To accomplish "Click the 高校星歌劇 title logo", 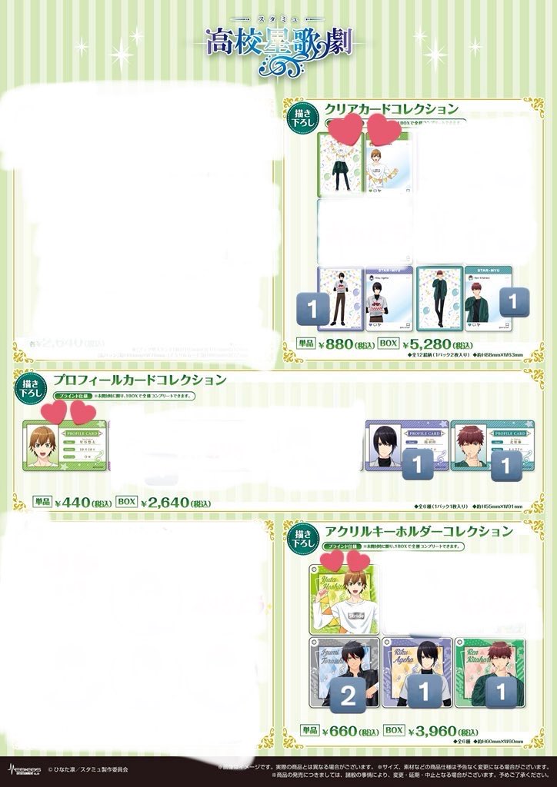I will [x=278, y=42].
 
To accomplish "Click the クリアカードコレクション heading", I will [x=392, y=108].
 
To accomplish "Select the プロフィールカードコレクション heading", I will [x=139, y=380].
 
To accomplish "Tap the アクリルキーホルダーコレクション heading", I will [x=419, y=531].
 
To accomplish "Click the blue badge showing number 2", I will [x=348, y=697].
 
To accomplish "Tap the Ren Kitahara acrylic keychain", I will [x=489, y=672].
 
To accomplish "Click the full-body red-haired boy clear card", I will [x=439, y=298].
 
